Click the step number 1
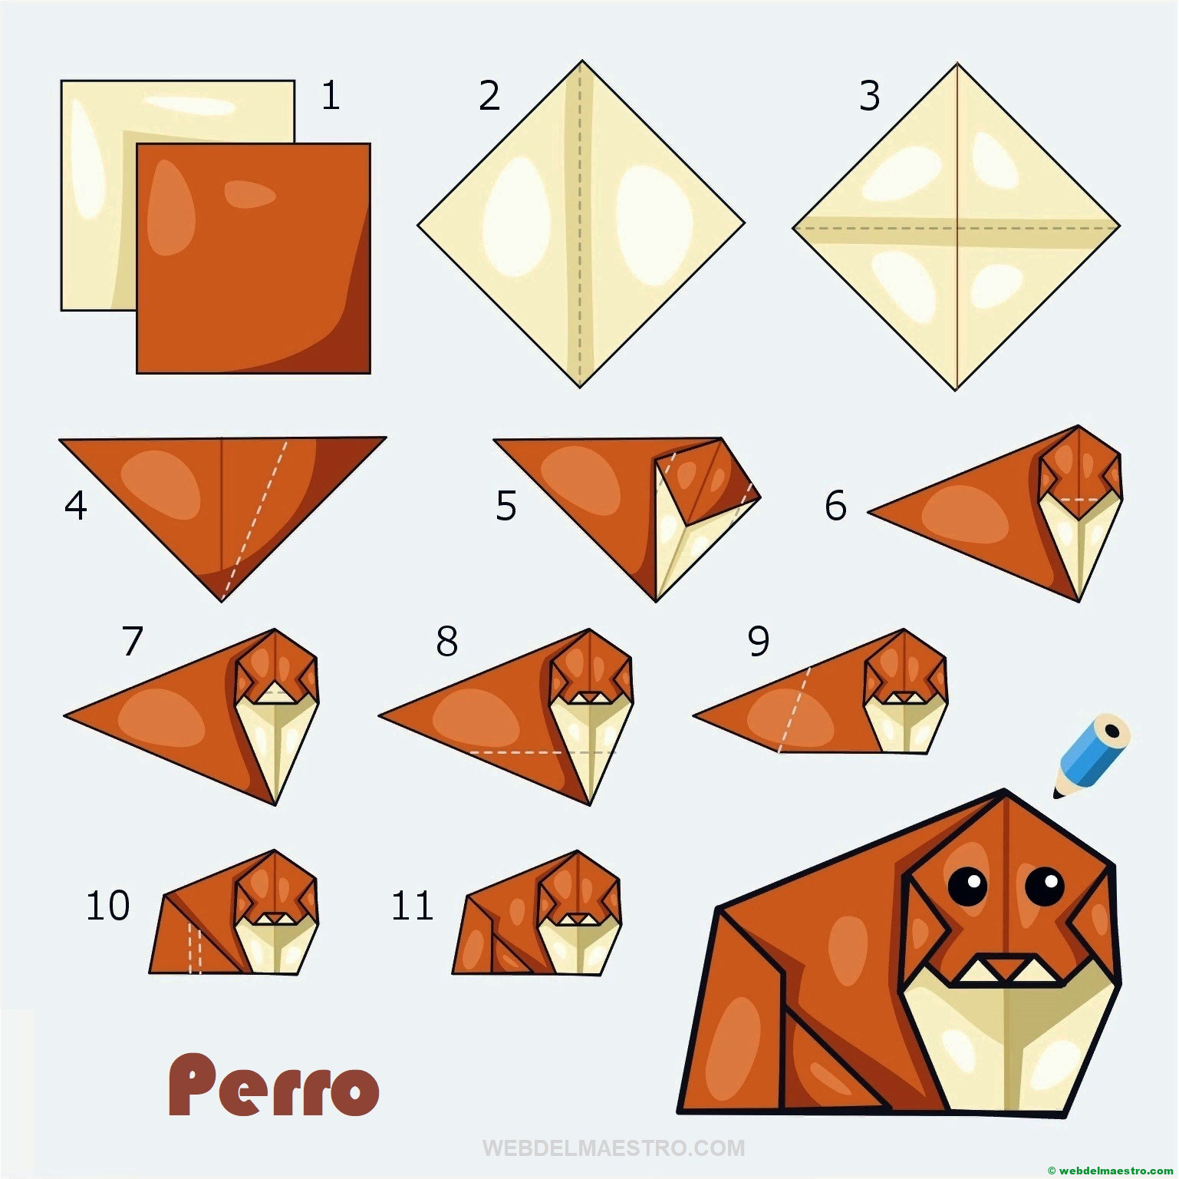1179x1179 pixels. coord(331,96)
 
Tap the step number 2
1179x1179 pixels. coord(489,96)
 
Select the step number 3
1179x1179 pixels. coord(869,96)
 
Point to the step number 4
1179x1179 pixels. coord(76,505)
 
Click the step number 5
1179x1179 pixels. coord(506,506)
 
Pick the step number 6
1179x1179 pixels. coord(835,506)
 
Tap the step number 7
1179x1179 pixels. coord(132,641)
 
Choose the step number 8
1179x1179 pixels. coord(446,641)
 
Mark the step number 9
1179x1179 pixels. coord(759,641)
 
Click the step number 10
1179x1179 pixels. coord(107,906)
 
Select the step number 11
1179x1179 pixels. coord(413,906)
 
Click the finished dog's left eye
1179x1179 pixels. coord(968,885)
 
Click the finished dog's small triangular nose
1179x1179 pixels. coord(1006,968)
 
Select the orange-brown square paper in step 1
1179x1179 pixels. coord(254,259)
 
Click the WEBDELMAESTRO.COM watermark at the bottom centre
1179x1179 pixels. coord(614,1148)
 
